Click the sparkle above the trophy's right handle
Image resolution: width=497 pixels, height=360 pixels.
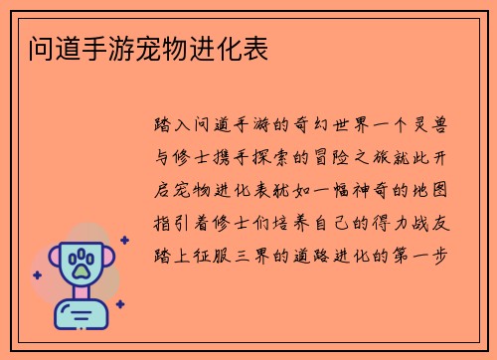(x=124, y=240)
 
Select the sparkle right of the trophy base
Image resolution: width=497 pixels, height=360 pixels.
(x=119, y=304)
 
